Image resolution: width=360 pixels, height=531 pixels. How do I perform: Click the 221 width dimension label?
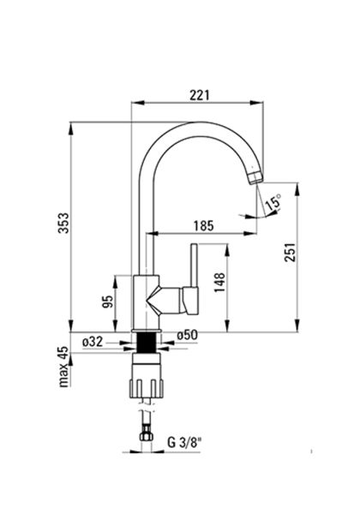[200, 95]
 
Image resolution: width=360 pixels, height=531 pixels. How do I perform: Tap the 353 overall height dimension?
[63, 223]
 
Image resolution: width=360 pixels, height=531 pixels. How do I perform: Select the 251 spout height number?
[291, 252]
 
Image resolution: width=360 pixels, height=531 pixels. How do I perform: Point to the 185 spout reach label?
[204, 225]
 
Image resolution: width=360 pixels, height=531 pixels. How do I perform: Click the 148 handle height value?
[219, 283]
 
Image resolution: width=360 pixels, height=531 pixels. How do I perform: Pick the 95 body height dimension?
[107, 301]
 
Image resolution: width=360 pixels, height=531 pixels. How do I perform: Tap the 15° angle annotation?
[273, 202]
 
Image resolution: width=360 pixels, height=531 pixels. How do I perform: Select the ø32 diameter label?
[93, 342]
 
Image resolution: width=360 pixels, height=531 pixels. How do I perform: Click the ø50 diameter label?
[187, 335]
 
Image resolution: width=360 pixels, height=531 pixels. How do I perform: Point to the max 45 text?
[63, 367]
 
